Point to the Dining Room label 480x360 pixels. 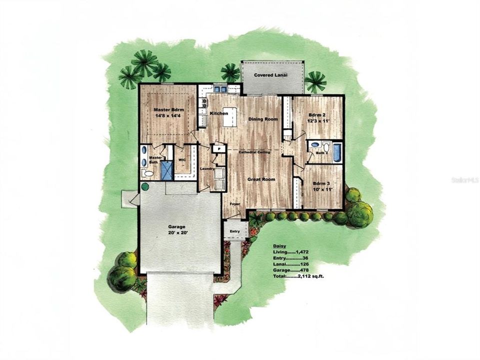click(x=263, y=119)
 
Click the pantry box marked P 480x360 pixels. click(x=218, y=148)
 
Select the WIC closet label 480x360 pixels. click(x=182, y=160)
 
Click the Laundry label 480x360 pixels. click(x=207, y=169)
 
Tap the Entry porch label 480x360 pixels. click(x=235, y=231)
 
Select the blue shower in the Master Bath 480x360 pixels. click(x=166, y=170)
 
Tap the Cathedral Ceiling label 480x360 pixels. click(x=254, y=151)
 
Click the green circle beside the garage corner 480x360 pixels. click(x=145, y=187)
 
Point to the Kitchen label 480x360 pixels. click(x=218, y=114)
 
